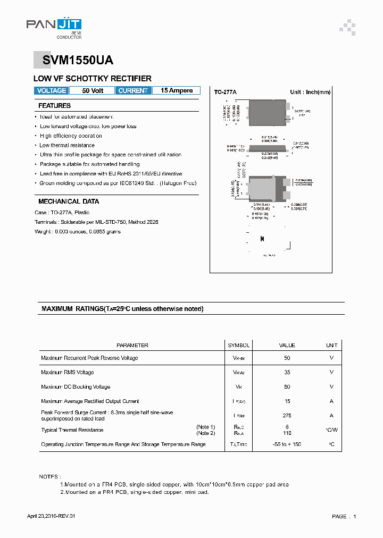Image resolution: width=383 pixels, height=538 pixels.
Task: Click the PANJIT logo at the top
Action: click(54, 26)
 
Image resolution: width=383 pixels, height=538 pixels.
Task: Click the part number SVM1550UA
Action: click(74, 61)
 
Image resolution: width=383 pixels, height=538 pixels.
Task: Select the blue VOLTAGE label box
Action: click(52, 91)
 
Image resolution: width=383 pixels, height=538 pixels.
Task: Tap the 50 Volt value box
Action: click(93, 91)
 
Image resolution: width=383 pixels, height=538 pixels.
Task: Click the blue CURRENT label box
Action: click(133, 91)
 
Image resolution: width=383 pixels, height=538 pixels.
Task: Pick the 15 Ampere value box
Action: click(177, 91)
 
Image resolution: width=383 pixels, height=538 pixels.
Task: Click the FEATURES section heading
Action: click(54, 106)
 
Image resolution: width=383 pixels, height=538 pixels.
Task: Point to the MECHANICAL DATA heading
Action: click(69, 201)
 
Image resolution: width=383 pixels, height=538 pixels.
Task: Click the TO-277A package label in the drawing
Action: click(225, 93)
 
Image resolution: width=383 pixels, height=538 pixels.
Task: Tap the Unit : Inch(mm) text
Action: click(310, 93)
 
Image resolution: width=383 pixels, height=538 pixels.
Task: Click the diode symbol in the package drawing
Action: click(262, 239)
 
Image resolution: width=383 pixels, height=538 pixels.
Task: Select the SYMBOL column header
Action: click(238, 346)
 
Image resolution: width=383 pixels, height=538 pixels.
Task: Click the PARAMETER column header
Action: click(132, 346)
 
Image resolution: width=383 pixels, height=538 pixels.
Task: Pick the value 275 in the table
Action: click(287, 416)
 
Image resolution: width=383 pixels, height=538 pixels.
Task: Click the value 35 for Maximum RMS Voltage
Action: click(287, 373)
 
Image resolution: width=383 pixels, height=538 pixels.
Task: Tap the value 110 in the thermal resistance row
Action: click(287, 433)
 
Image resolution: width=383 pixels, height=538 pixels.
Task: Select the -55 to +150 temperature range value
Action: click(287, 444)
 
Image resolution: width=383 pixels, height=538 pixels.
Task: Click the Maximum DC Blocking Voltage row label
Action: click(76, 387)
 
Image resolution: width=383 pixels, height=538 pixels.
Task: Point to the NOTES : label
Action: click(50, 477)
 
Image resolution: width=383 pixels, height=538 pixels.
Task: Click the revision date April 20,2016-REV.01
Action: click(55, 517)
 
